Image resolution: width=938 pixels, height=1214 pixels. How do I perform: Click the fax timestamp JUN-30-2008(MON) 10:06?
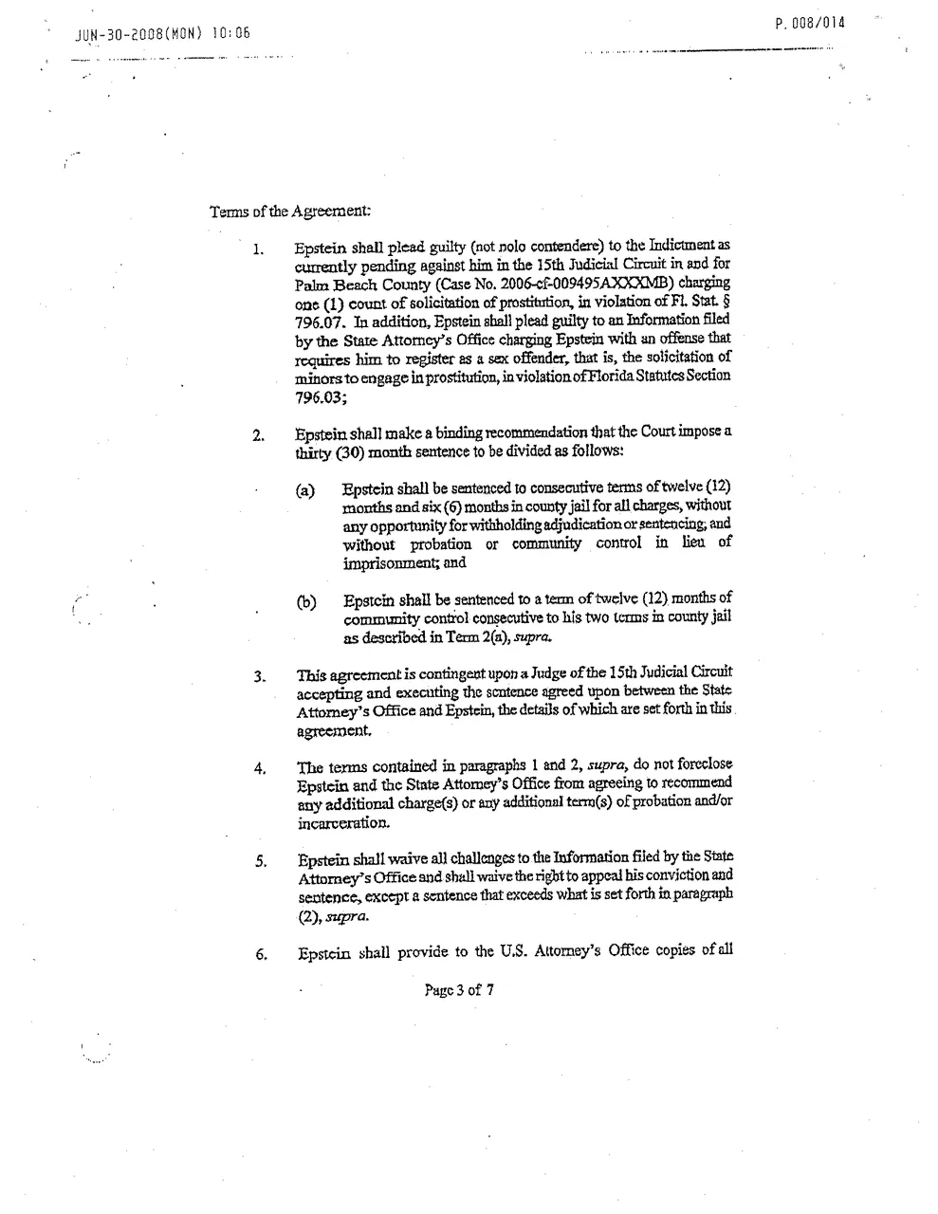pos(161,37)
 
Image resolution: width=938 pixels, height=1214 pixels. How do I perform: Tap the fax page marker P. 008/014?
pos(809,23)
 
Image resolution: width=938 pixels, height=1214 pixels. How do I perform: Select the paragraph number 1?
pos(257,251)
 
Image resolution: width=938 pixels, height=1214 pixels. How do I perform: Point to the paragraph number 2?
pos(257,437)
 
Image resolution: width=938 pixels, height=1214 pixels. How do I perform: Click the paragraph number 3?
pos(258,677)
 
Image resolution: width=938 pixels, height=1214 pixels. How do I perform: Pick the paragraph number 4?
pos(259,769)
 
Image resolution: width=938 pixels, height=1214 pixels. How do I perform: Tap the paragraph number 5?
pos(259,863)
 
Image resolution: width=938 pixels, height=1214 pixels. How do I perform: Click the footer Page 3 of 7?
pos(459,991)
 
